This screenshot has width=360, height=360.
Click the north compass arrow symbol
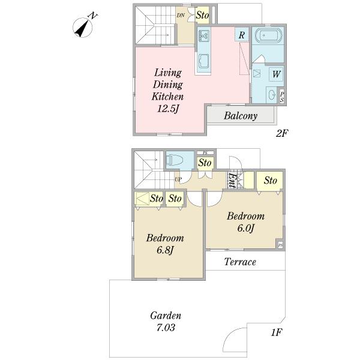[x=82, y=28]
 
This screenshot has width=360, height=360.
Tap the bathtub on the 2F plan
[x=268, y=35]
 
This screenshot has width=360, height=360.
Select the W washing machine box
[x=276, y=74]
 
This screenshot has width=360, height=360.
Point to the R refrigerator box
[x=242, y=35]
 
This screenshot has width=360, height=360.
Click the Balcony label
[x=241, y=116]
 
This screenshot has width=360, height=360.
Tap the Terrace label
[x=240, y=262]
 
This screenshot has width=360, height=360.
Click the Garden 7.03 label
[x=166, y=322]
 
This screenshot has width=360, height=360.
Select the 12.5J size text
[x=168, y=109]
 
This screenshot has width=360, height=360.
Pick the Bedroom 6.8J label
[x=165, y=244]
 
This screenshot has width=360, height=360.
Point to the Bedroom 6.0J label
[x=245, y=222]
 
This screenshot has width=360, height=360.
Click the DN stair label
[x=181, y=16]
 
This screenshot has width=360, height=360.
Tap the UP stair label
[x=178, y=179]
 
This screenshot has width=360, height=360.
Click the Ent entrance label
[x=232, y=180]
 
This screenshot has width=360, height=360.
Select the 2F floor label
[x=282, y=133]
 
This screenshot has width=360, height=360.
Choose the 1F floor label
[x=277, y=332]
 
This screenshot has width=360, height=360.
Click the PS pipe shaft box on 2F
[x=282, y=97]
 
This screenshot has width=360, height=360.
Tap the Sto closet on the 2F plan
[x=202, y=16]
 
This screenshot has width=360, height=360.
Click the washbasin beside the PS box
[x=272, y=95]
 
